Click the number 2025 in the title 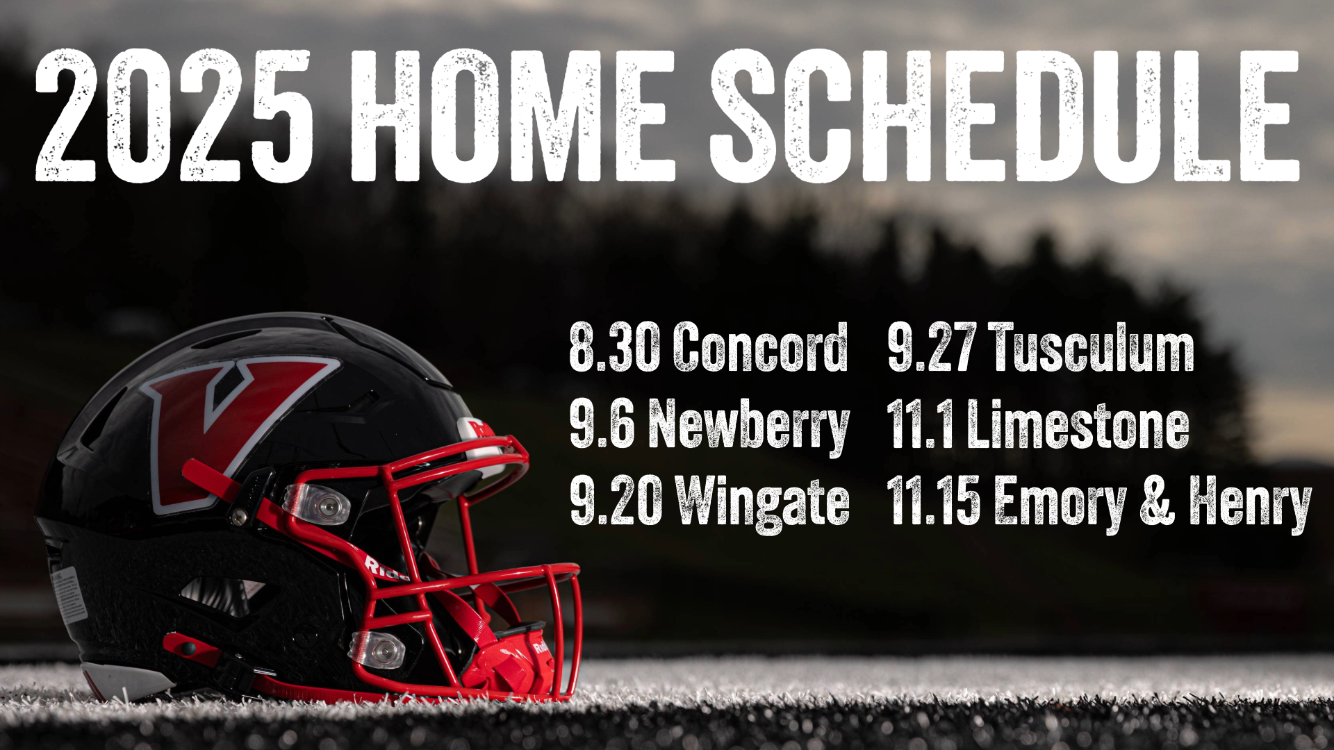click(174, 116)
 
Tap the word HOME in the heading click(513, 116)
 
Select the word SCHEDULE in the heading click(1004, 116)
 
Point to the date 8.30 click(614, 347)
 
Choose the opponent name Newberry click(749, 425)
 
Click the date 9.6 click(602, 425)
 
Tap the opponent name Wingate click(763, 503)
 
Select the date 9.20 click(615, 501)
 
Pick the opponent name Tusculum click(1094, 347)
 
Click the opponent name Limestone click(1078, 425)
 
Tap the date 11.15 click(933, 501)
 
